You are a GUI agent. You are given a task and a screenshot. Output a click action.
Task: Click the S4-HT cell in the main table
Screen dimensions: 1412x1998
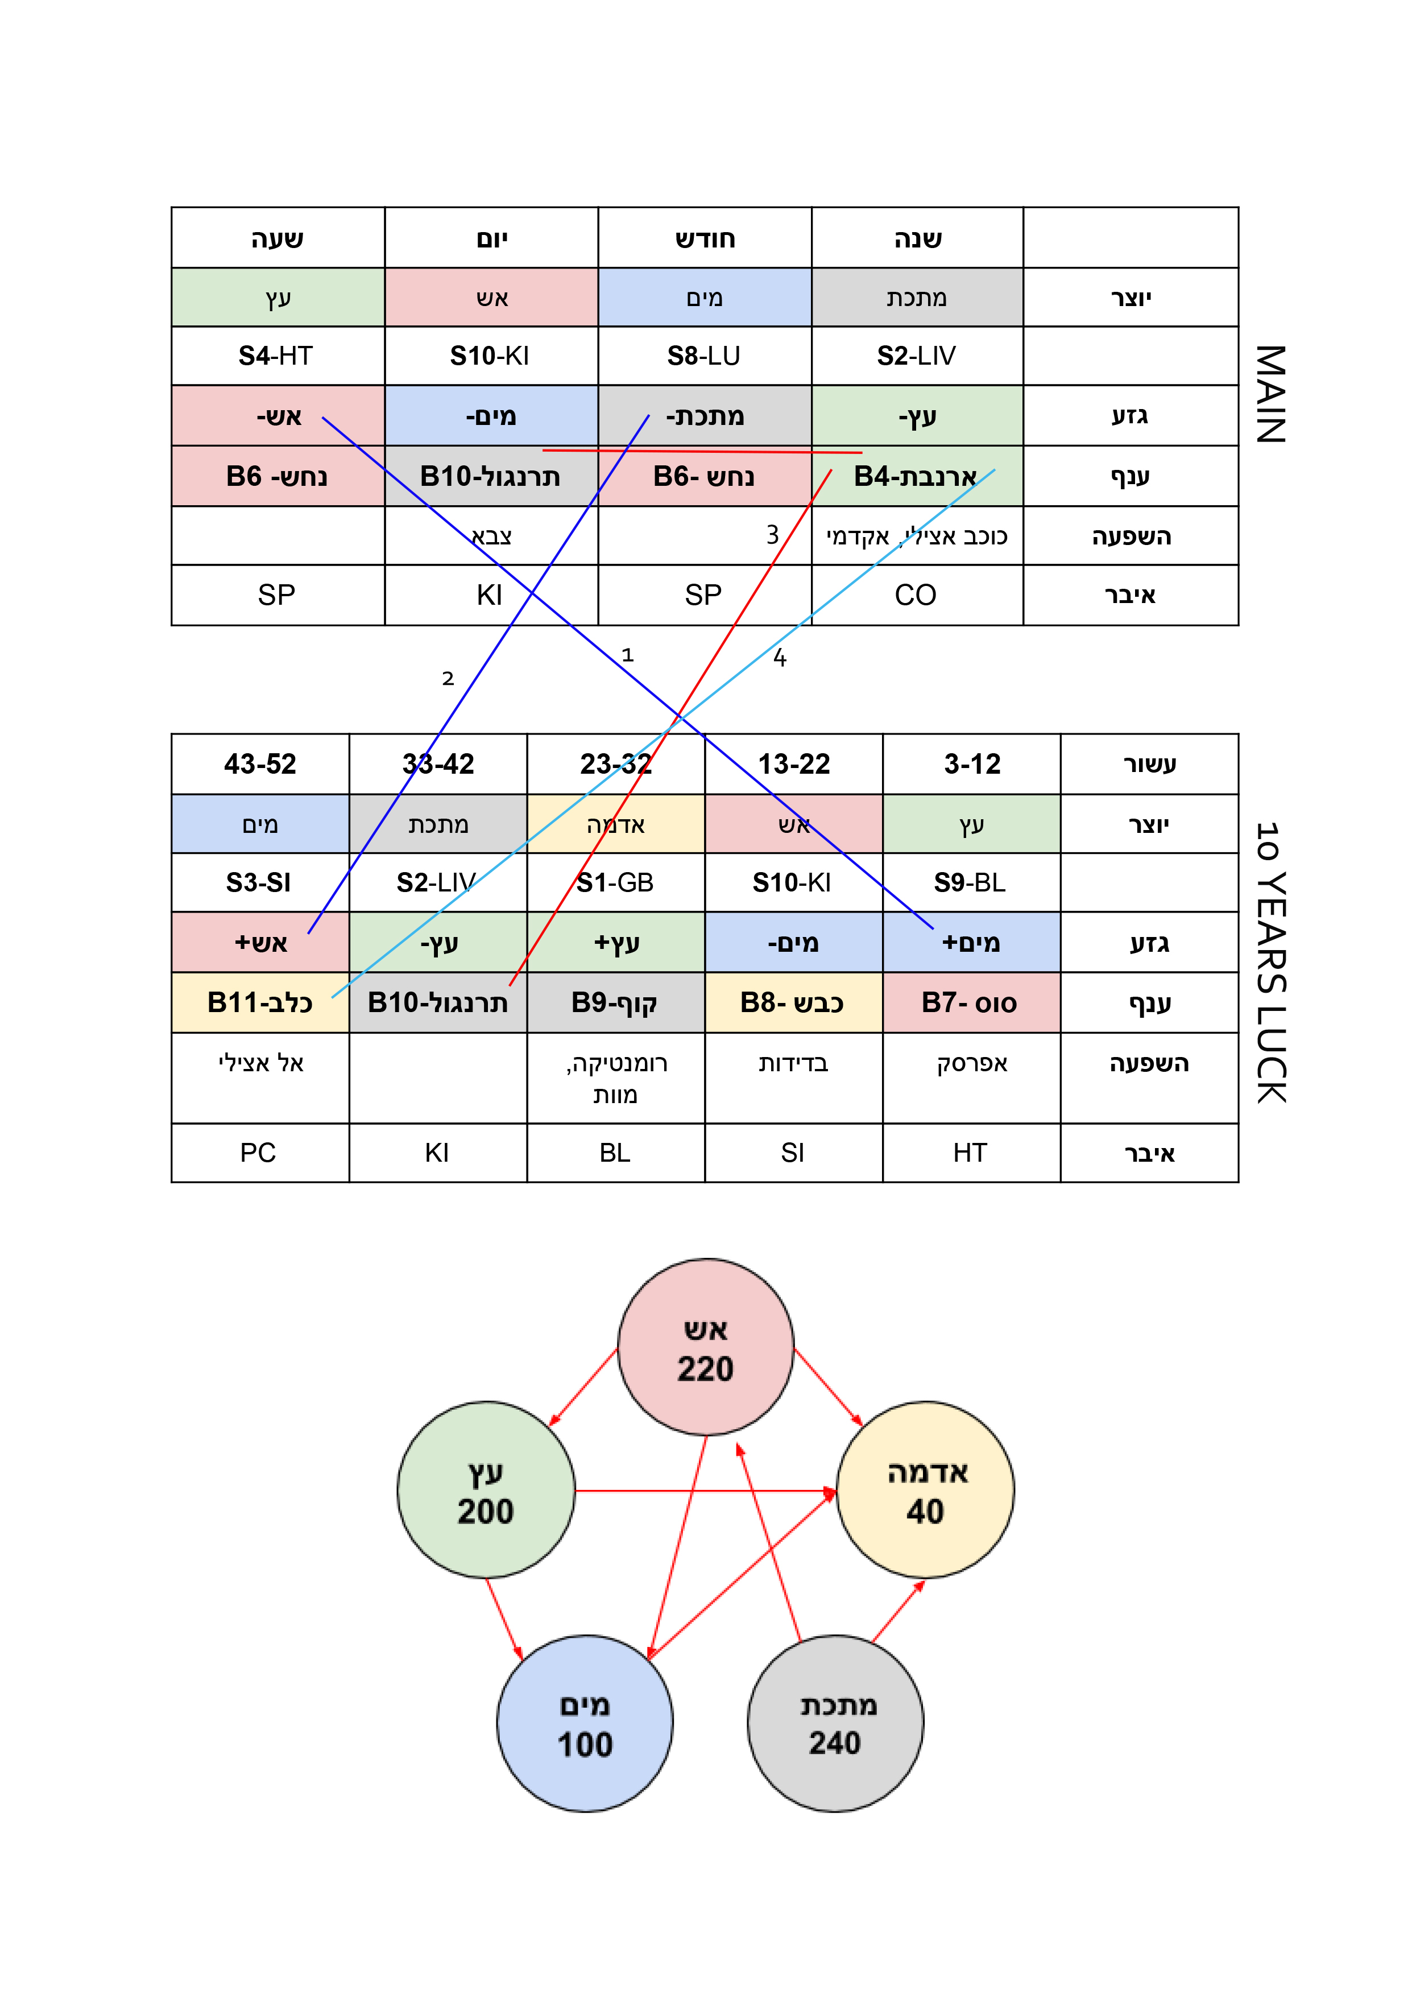pos(278,356)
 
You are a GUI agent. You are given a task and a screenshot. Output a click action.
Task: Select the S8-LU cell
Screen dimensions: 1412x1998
pos(705,356)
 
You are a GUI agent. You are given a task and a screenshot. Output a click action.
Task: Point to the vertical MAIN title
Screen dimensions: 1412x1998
pos(1270,394)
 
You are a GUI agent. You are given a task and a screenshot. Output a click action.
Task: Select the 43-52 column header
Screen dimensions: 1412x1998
pos(260,764)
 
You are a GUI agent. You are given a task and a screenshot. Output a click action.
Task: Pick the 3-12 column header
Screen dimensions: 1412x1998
pos(972,764)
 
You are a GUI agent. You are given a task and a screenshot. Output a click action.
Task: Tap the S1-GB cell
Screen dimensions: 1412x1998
pos(616,882)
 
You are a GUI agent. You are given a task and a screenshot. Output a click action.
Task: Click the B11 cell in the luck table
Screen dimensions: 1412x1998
pos(260,1002)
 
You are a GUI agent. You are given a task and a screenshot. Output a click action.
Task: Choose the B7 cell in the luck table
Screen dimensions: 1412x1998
pos(972,1002)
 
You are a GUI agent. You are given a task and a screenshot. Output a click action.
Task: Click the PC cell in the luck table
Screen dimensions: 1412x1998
pos(260,1153)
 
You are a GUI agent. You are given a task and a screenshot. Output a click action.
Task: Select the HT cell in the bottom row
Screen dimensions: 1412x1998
pos(972,1153)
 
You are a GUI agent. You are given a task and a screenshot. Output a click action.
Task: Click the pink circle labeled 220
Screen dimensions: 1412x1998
pos(706,1346)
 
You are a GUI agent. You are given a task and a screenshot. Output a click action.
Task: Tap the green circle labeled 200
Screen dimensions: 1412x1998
pos(486,1490)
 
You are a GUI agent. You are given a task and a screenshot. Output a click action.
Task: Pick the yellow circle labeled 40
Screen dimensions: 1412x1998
pos(926,1490)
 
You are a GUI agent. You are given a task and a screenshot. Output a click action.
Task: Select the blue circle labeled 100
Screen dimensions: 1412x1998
pos(585,1723)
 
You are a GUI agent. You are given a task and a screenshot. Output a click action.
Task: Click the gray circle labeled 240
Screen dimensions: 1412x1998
pos(835,1723)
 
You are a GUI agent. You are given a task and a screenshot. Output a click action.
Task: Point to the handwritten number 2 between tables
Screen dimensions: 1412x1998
pos(448,679)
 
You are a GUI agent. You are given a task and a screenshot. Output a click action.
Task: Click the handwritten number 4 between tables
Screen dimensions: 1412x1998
pos(780,658)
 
